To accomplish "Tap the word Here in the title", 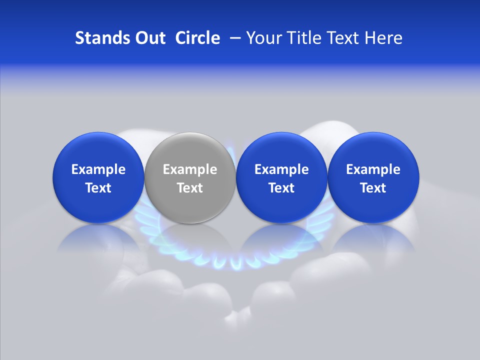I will [383, 38].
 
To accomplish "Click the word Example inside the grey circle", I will [190, 169].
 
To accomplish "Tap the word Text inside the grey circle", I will [190, 188].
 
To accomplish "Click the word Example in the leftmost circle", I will [98, 169].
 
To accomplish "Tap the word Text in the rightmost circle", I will [373, 188].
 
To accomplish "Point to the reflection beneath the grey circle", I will [190, 240].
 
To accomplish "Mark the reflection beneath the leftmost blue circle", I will [98, 240].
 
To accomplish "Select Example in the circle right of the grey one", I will [281, 169].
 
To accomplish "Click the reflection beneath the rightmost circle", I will [373, 240].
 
